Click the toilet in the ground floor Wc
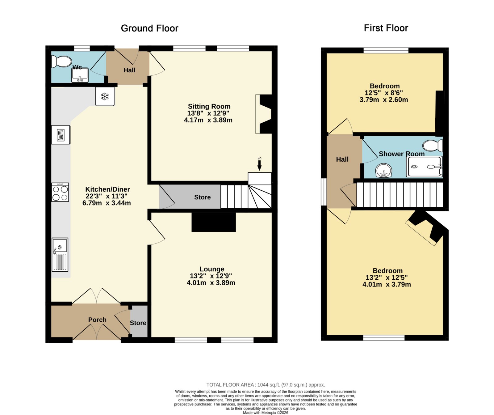pyautogui.click(x=61, y=61)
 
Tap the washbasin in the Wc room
pyautogui.click(x=80, y=75)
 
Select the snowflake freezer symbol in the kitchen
pyautogui.click(x=105, y=96)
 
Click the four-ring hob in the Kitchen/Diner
pyautogui.click(x=60, y=192)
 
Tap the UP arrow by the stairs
pyautogui.click(x=259, y=164)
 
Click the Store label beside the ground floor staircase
pyautogui.click(x=202, y=197)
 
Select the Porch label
pyautogui.click(x=97, y=320)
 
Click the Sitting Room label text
pyautogui.click(x=209, y=106)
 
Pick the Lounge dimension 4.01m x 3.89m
pyautogui.click(x=211, y=283)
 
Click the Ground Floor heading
pyautogui.click(x=149, y=28)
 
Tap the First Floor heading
pyautogui.click(x=386, y=28)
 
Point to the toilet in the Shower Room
pyautogui.click(x=433, y=146)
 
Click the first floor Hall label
pyautogui.click(x=342, y=159)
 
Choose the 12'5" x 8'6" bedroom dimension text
pyautogui.click(x=383, y=93)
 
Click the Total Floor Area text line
pyautogui.click(x=266, y=385)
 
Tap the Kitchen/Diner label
pyautogui.click(x=107, y=189)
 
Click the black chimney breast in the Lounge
pyautogui.click(x=214, y=222)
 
